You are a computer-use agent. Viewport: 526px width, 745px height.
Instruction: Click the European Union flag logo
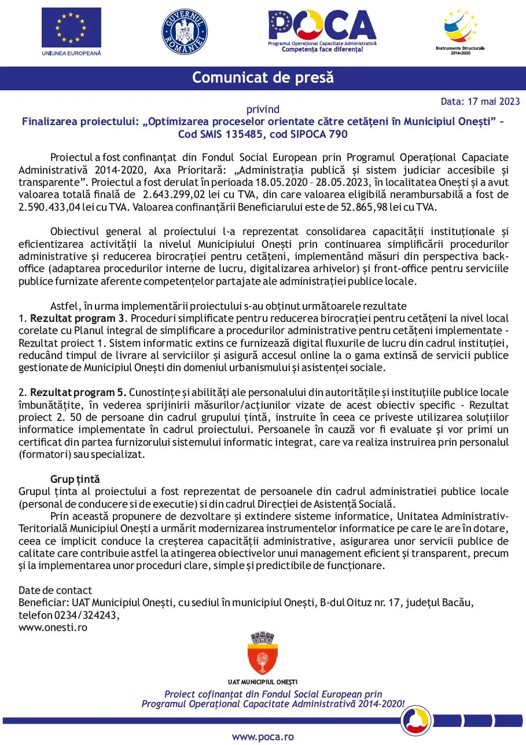(71, 28)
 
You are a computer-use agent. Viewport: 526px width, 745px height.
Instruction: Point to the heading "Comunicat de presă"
(263, 78)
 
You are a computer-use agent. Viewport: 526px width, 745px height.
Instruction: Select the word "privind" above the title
(263, 109)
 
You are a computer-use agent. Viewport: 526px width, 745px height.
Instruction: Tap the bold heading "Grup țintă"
(75, 479)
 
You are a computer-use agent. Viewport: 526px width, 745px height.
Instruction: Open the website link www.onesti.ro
(53, 627)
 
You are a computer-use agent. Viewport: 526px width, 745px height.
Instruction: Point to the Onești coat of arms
(262, 654)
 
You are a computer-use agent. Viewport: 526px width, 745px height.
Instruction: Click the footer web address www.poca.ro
(263, 737)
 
